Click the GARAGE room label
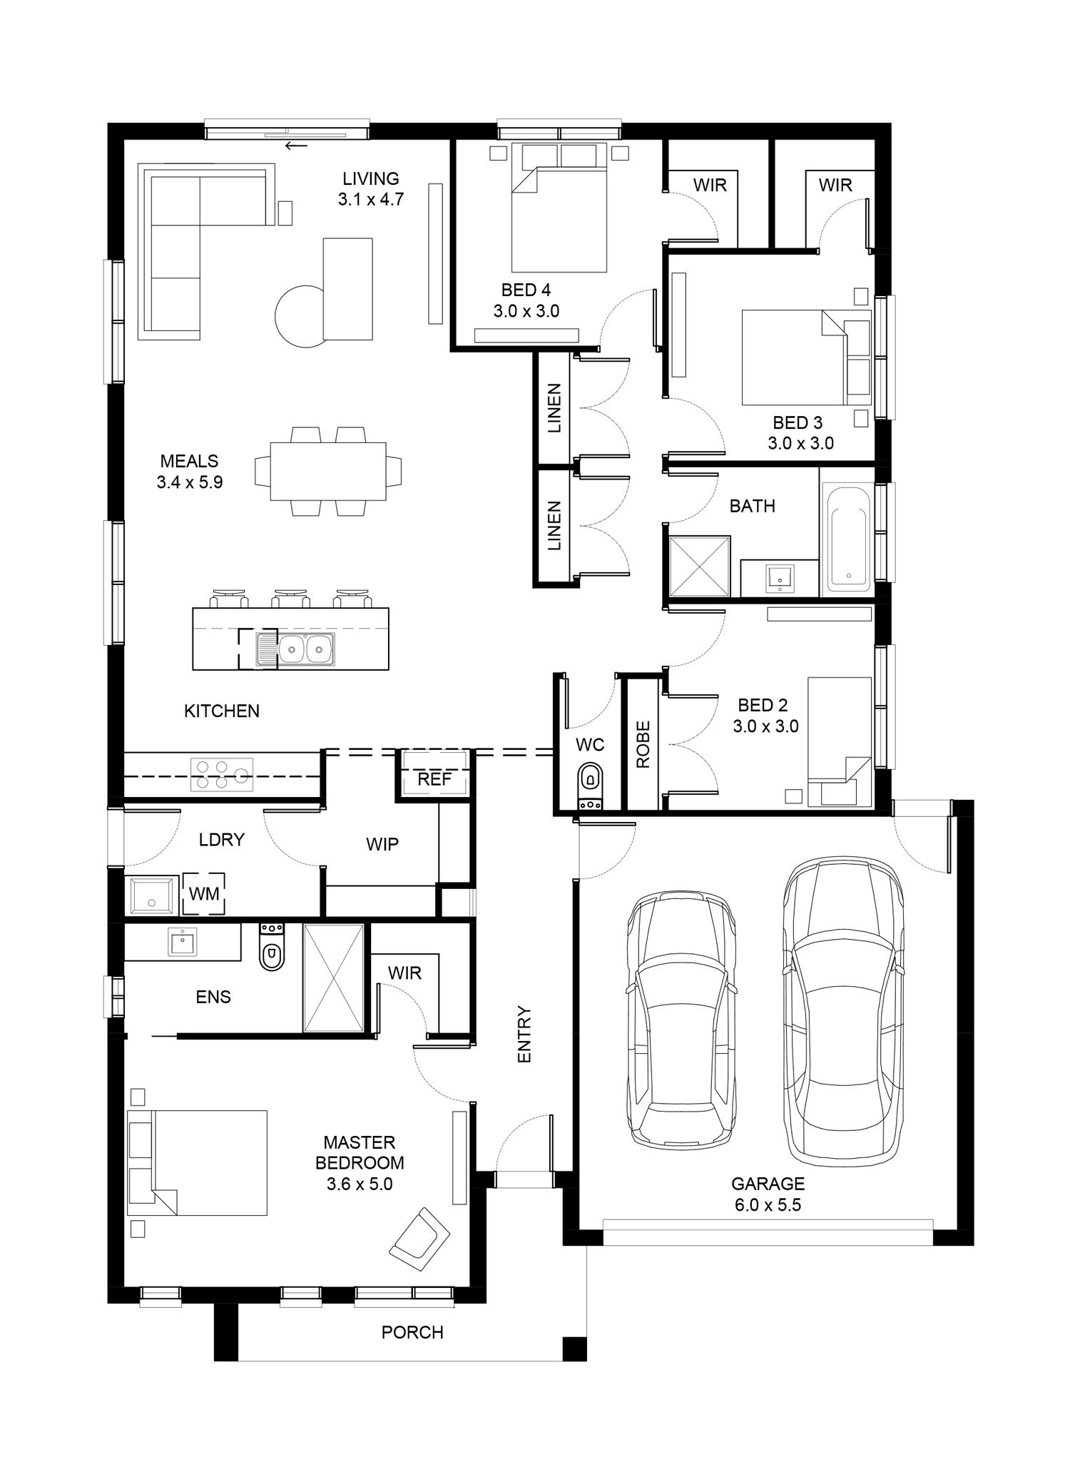(768, 1184)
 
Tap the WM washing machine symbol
(204, 893)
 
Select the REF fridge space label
(434, 779)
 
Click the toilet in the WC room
(590, 786)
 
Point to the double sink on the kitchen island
(295, 649)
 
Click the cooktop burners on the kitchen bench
(222, 774)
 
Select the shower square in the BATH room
(700, 566)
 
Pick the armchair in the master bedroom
(419, 1239)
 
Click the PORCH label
(412, 1332)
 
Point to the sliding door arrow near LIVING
(296, 146)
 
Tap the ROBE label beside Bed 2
(643, 744)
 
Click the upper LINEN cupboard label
(554, 408)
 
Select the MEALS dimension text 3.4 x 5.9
(190, 482)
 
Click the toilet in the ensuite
(272, 947)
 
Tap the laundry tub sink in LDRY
(153, 895)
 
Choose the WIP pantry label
(382, 844)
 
